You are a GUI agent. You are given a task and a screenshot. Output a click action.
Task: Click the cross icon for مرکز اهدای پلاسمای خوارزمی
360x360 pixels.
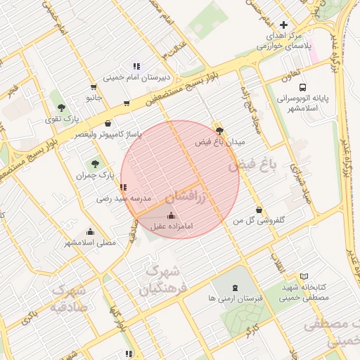tap(283, 25)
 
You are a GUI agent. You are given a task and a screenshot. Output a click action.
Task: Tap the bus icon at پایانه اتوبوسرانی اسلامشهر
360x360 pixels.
tap(302, 88)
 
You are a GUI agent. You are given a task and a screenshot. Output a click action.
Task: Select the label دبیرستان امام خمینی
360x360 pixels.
tap(136, 77)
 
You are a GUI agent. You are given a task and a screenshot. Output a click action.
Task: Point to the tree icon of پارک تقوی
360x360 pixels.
tap(62, 108)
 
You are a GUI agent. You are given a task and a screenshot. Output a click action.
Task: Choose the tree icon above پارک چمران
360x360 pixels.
tap(86, 163)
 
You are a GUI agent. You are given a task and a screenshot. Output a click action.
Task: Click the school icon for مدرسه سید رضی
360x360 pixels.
tap(123, 188)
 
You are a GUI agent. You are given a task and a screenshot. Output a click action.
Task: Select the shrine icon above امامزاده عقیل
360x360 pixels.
tap(172, 216)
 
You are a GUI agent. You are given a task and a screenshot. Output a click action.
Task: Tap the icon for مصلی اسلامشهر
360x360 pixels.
tap(90, 231)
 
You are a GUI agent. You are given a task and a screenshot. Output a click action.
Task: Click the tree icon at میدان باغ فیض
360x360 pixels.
tap(219, 130)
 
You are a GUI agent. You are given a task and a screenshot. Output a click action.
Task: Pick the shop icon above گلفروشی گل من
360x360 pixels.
tap(259, 210)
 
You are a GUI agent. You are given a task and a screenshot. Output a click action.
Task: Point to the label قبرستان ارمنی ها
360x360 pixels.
tap(235, 298)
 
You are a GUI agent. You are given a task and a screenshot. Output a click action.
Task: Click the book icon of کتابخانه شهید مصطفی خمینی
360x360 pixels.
tap(304, 276)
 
